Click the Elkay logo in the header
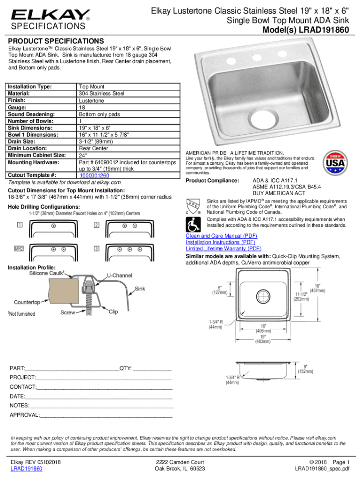pyautogui.click(x=50, y=15)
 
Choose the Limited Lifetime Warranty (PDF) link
pyautogui.click(x=223, y=249)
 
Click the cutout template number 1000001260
pyautogui.click(x=94, y=175)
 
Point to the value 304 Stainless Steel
pyautogui.click(x=101, y=94)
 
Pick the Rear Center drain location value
pyautogui.click(x=94, y=148)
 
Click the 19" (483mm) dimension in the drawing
pyautogui.click(x=262, y=339)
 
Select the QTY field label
pyautogui.click(x=125, y=368)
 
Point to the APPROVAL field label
pyautogui.click(x=25, y=415)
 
